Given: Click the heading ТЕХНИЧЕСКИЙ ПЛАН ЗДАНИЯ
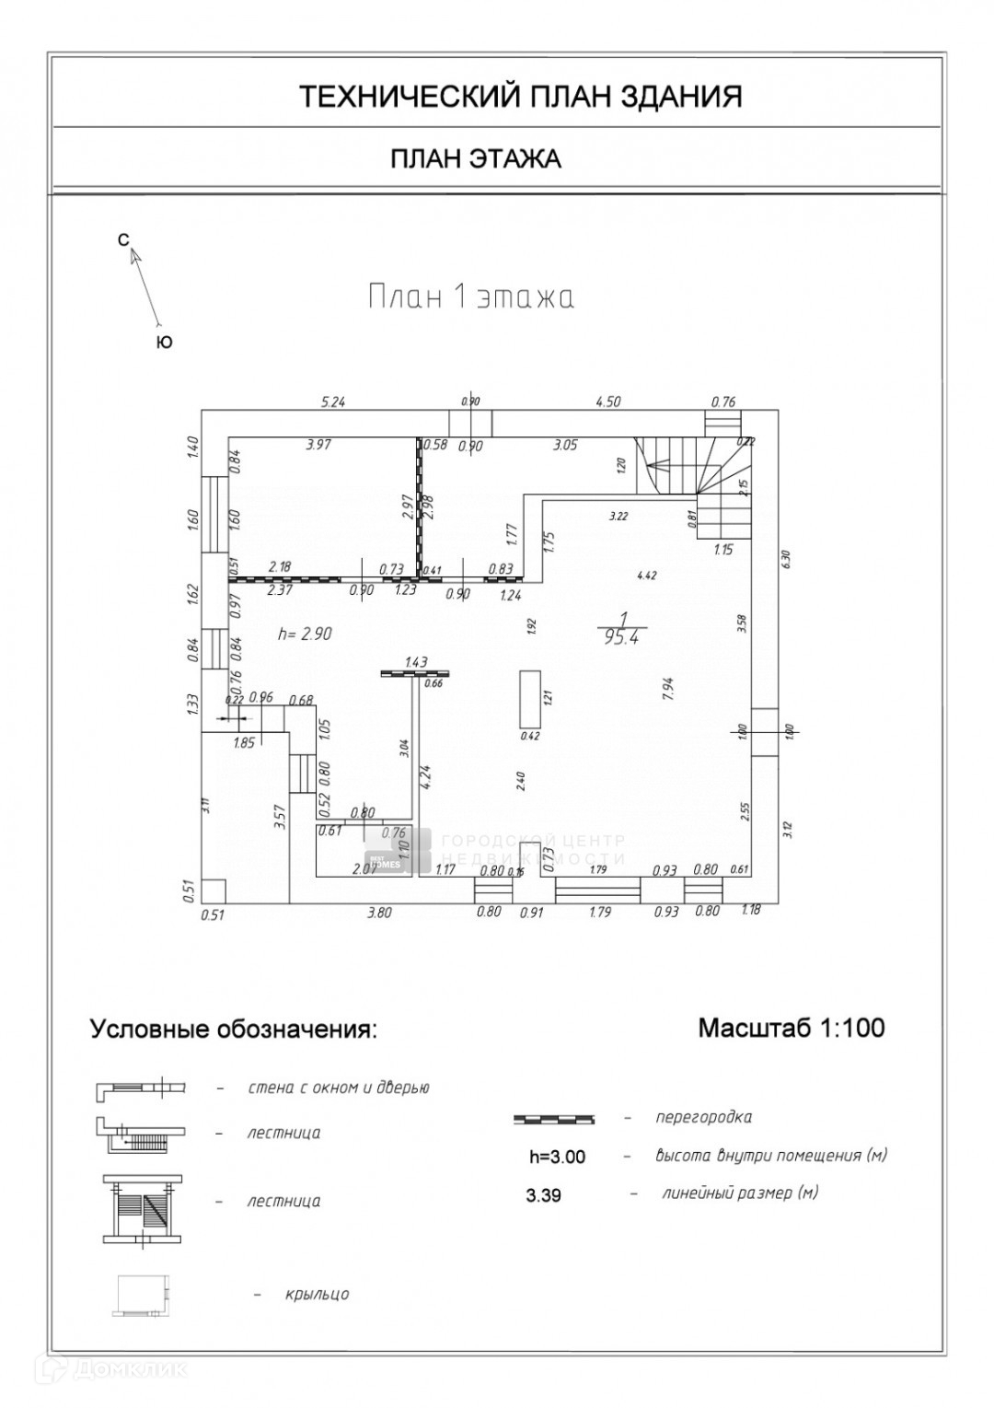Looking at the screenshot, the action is click(x=520, y=97).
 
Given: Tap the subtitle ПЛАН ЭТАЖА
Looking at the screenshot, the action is click(x=476, y=159).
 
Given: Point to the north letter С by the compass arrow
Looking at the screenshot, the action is click(x=123, y=239).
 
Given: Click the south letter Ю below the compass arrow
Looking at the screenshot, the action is click(x=164, y=343).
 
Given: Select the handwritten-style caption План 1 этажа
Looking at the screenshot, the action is click(x=470, y=297).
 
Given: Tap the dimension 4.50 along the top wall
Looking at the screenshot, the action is click(x=608, y=401).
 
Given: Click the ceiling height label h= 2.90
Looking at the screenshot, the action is click(x=305, y=634).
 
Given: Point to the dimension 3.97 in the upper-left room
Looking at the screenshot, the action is click(x=318, y=445).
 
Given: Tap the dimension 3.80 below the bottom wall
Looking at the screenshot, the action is click(x=379, y=913).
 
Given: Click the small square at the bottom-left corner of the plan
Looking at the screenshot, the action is click(x=214, y=890).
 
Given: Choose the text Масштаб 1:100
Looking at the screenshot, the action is click(x=791, y=1028).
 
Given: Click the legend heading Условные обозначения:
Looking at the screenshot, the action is click(x=234, y=1030).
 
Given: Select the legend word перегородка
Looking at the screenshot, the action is click(x=703, y=1117).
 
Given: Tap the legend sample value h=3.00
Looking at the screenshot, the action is click(x=557, y=1157).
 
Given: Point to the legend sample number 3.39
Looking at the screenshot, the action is click(x=543, y=1195).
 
